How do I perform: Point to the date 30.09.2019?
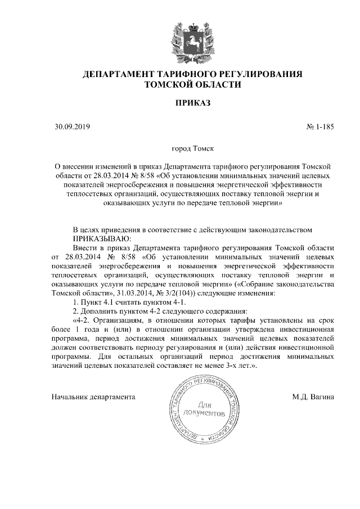tap(69, 127)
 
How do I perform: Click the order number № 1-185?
tap(320, 127)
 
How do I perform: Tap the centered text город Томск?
tap(192, 150)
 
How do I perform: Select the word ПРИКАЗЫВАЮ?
tap(102, 238)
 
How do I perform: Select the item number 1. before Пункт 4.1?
tap(76, 302)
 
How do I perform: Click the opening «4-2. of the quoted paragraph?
tap(84, 320)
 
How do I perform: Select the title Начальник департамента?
tap(93, 397)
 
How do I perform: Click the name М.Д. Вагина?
tap(313, 397)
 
